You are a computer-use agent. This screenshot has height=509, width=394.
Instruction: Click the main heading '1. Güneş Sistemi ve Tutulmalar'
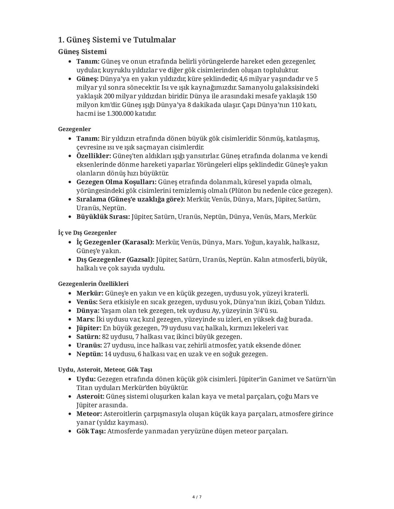tap(117, 40)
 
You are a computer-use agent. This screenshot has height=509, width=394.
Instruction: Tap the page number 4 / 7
tap(197, 497)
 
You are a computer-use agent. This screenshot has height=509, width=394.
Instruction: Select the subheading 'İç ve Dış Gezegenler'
tap(87, 232)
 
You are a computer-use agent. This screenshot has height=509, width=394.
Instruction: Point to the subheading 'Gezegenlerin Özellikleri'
tap(93, 283)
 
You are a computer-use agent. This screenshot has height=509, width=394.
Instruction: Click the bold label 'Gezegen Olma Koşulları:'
tap(116, 182)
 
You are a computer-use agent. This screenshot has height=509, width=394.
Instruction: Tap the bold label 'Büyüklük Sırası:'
tap(103, 217)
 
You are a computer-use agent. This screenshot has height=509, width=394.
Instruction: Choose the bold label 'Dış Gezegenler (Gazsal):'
tap(115, 260)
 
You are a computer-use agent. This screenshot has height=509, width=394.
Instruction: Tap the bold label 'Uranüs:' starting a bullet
tap(89, 345)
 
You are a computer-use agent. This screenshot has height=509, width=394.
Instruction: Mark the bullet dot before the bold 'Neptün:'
tap(70, 354)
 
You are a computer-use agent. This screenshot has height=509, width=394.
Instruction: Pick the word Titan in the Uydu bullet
tap(84, 388)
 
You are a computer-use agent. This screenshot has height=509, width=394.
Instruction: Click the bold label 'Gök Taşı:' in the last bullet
tap(91, 431)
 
